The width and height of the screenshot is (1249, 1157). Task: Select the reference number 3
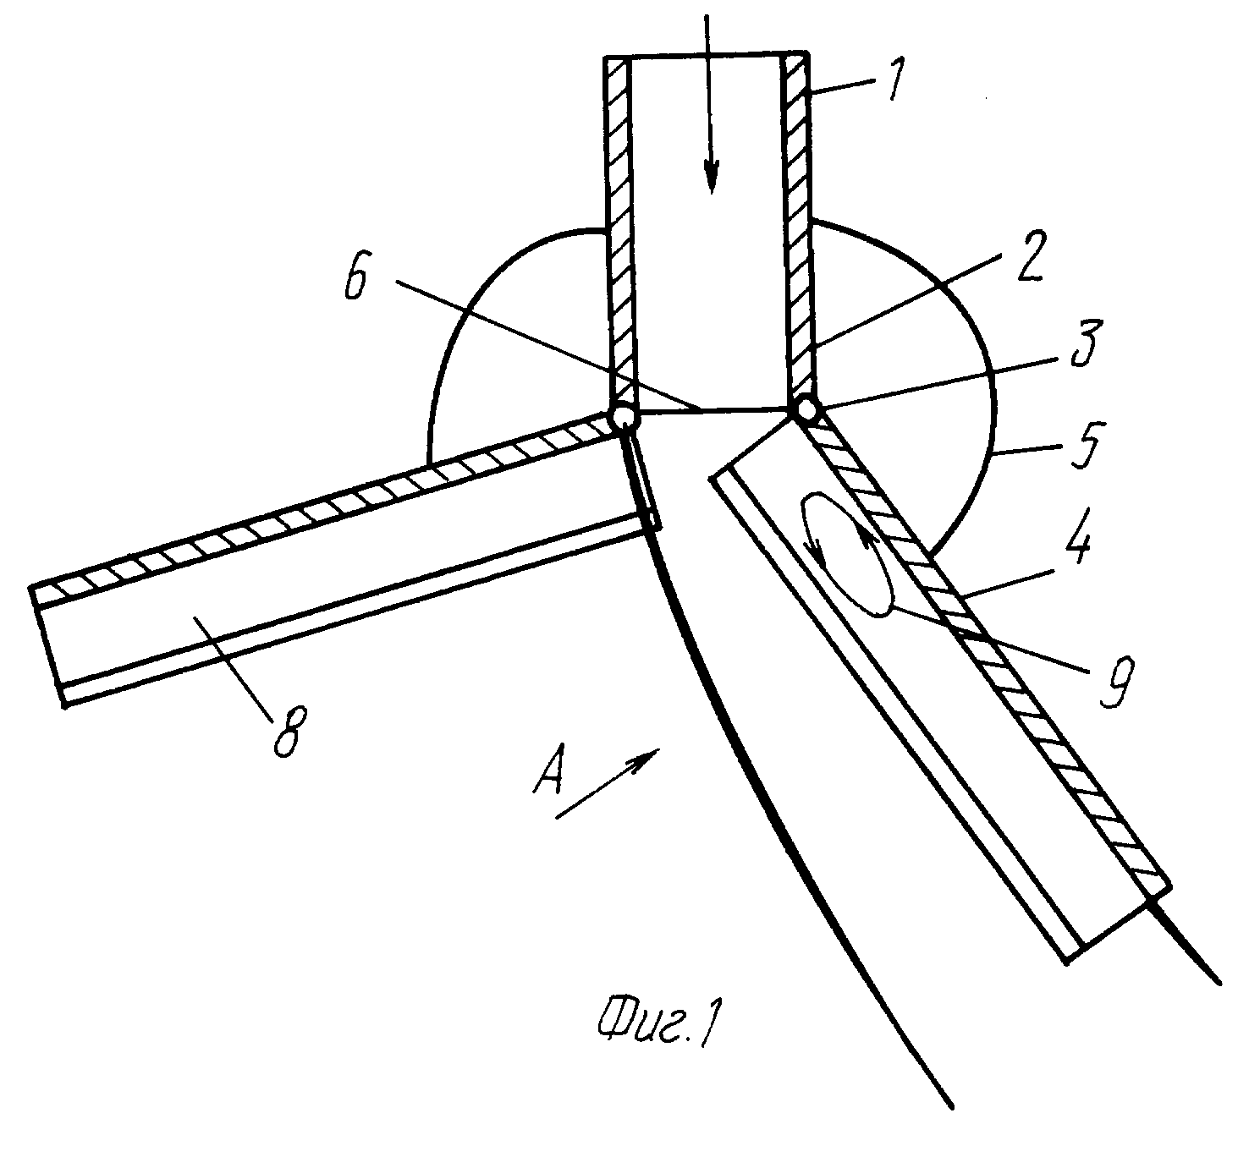pyautogui.click(x=1083, y=343)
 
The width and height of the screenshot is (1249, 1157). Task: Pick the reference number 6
pyautogui.click(x=355, y=276)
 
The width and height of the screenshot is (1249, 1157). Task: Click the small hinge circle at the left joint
pyautogui.click(x=624, y=416)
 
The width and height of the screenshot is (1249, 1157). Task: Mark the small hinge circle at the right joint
pyautogui.click(x=805, y=409)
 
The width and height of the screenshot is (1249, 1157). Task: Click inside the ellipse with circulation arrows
pyautogui.click(x=846, y=554)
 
